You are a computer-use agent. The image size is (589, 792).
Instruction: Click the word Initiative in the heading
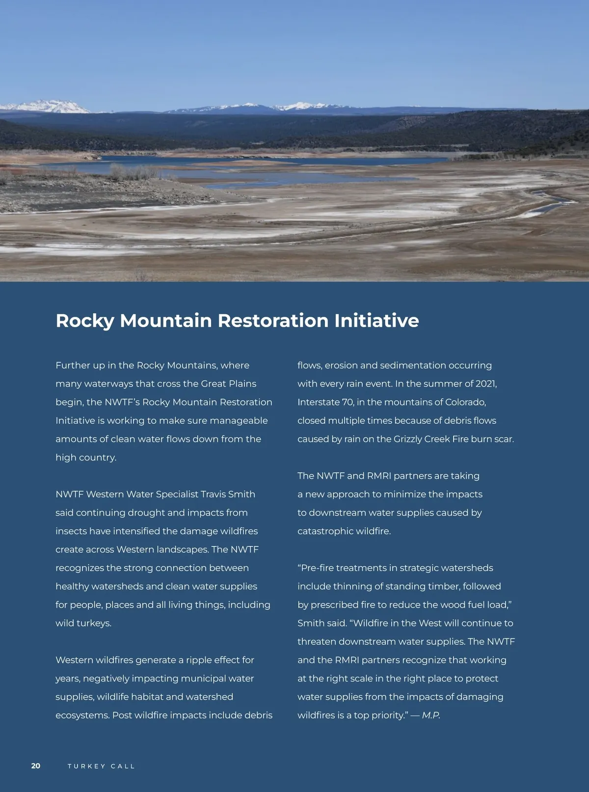(x=376, y=321)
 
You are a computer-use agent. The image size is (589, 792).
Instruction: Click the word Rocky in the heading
(x=85, y=321)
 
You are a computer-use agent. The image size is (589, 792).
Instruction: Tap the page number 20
(x=36, y=766)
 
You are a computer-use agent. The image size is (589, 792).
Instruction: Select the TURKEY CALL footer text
(x=101, y=766)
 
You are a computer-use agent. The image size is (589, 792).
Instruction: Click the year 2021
(x=485, y=383)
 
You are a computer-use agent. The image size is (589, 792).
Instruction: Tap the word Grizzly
(x=409, y=439)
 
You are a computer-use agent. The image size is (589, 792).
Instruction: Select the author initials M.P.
(x=430, y=715)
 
